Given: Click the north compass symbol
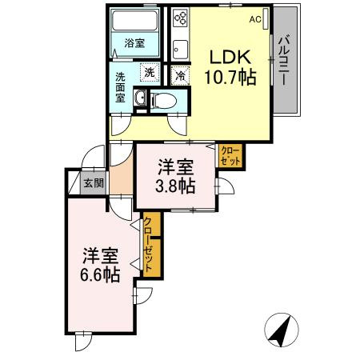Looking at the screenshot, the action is coord(282,330).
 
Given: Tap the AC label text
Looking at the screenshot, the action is coord(255,19).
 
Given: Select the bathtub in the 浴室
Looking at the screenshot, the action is coord(134,20).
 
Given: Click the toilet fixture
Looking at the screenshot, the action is coord(163,101).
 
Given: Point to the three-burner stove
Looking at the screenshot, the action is coord(181,18).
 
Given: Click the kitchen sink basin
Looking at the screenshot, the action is coord(180,50).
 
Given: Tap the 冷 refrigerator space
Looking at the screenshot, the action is coord(180,75).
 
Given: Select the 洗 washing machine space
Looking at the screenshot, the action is coord(150,72).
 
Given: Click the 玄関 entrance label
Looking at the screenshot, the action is coord(94,183).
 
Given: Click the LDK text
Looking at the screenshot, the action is coord(230,57).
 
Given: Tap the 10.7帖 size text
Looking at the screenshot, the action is coord(230,77).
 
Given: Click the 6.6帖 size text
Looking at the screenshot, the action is coord(100,274).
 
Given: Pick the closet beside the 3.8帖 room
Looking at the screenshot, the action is coord(230,156).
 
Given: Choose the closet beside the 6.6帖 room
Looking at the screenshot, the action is coord(152,244).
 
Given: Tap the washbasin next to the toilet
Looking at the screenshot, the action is coord(140,98).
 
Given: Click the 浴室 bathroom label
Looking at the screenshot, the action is coord(134,43).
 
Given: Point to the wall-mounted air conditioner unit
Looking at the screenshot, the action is coord(266,18).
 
